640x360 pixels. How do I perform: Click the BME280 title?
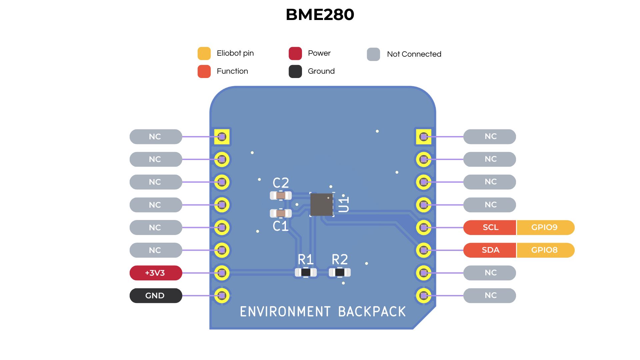tap(320, 15)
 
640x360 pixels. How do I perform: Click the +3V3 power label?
tap(155, 273)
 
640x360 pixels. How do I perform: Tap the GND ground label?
tap(155, 296)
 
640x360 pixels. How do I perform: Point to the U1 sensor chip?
tap(321, 204)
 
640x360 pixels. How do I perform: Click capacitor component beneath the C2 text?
tap(281, 196)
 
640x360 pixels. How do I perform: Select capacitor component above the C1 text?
tap(281, 213)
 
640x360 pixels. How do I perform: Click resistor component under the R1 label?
tap(306, 273)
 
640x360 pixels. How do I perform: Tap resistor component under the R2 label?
tap(340, 273)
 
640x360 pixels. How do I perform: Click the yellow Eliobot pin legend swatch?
tap(204, 53)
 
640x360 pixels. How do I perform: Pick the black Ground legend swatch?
tap(295, 71)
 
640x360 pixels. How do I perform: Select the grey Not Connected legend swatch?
tap(373, 54)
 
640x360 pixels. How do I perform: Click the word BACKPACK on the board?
tap(372, 312)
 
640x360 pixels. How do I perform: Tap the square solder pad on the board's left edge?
tap(222, 137)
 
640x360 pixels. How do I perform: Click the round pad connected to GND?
tap(222, 296)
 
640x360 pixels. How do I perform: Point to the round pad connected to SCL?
tap(424, 227)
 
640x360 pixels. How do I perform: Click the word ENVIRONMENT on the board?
tap(285, 312)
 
